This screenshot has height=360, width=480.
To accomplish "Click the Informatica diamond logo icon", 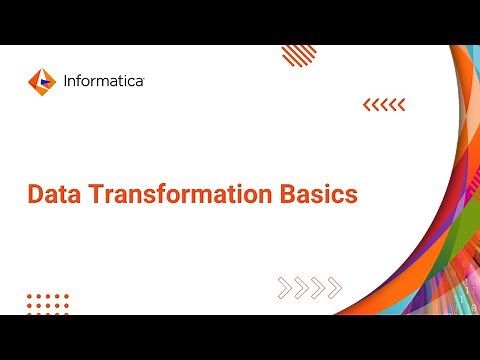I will pos(40,79).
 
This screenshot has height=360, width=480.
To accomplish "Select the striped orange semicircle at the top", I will pos(299,54).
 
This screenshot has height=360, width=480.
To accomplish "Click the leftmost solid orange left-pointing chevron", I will pos(366,104).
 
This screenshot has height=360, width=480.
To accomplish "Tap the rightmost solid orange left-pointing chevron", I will pos(402,104).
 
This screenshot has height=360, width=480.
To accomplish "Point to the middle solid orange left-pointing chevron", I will pos(384,104).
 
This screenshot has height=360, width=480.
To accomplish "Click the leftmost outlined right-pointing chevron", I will pos(285,288).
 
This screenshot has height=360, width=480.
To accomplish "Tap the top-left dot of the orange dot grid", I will pos(30,297).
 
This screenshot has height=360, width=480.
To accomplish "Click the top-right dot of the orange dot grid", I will pos(66,297).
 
